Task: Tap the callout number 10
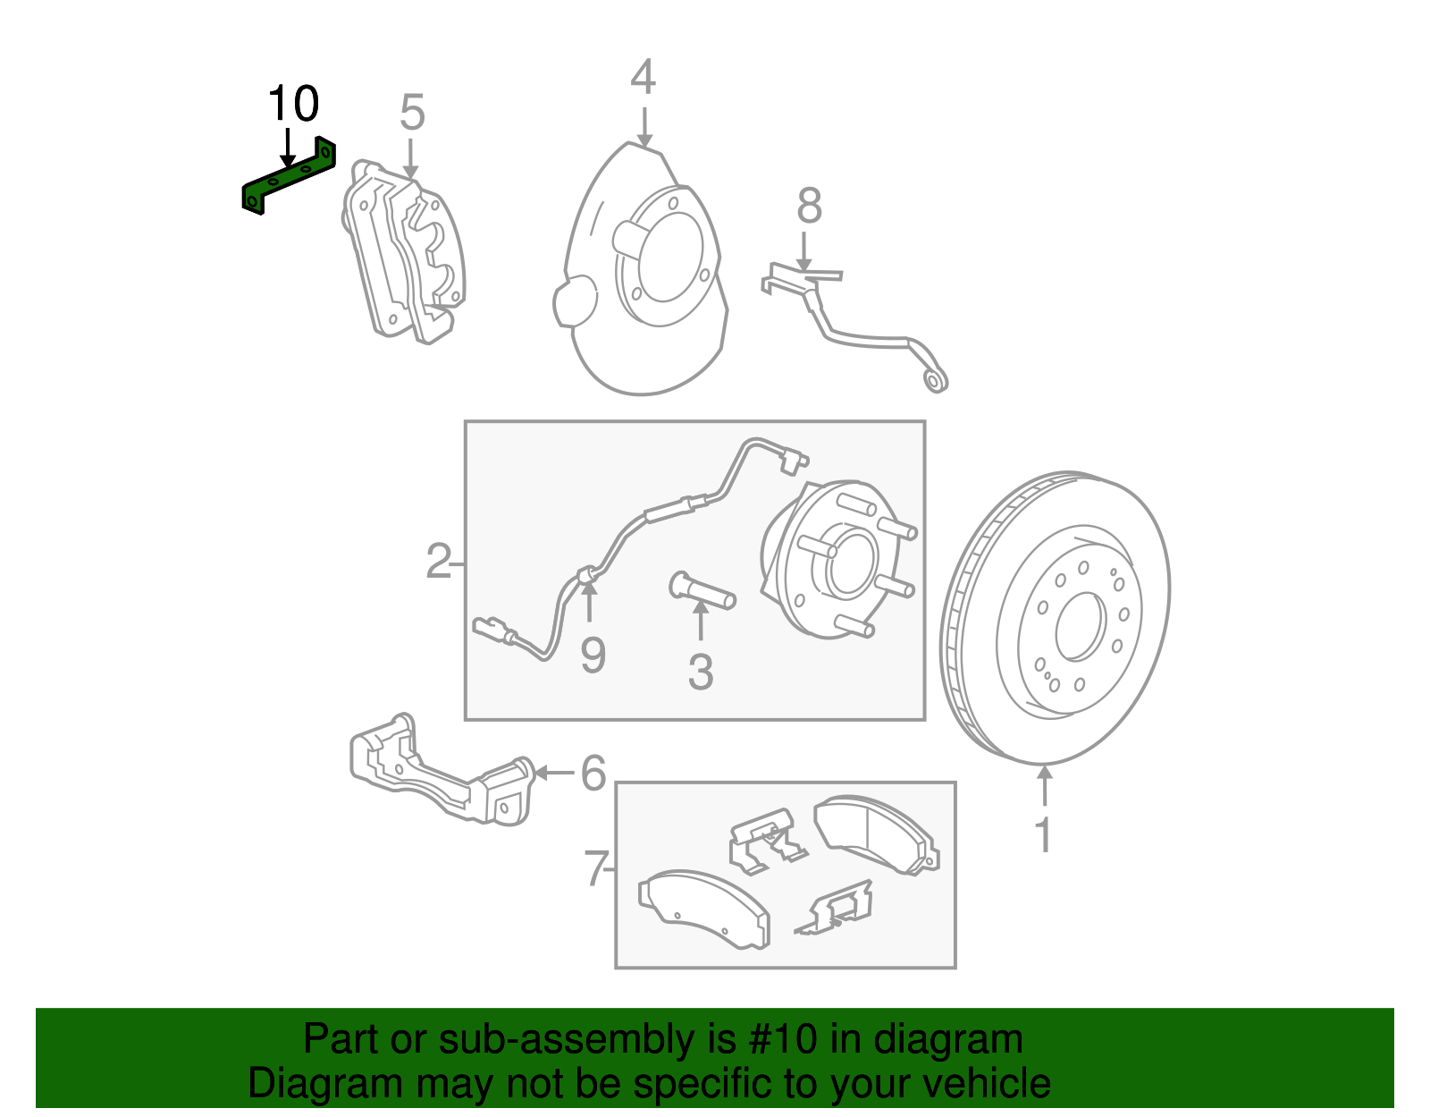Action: [x=293, y=105]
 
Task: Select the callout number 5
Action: [x=412, y=114]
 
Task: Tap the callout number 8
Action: [x=809, y=207]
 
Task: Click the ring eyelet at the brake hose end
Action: [x=935, y=382]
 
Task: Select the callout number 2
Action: [x=438, y=562]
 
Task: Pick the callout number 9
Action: [x=593, y=656]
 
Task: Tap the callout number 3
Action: [x=701, y=673]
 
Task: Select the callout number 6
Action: [x=593, y=773]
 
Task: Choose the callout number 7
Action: [x=595, y=867]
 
